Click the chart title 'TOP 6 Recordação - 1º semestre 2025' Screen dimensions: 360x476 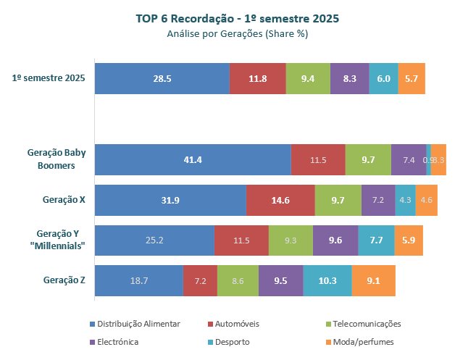(238, 18)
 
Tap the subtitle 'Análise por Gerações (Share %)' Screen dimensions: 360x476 (238, 33)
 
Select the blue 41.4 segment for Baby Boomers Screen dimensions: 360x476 (193, 159)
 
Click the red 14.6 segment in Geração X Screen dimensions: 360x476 (280, 200)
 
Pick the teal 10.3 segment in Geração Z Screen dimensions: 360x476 (327, 280)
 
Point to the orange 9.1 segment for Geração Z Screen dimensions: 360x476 (373, 280)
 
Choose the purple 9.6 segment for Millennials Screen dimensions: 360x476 (335, 240)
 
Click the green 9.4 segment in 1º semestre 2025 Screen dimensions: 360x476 (308, 78)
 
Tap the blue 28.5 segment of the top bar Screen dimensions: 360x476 (162, 78)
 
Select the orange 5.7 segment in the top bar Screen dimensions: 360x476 (412, 78)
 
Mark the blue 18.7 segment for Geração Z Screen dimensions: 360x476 (139, 280)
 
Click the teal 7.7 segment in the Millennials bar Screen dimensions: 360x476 (376, 240)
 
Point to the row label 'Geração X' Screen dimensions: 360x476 (64, 200)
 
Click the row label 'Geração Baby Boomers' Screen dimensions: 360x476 (57, 159)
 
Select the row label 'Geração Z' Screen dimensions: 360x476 (64, 280)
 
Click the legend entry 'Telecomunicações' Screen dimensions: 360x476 (364, 324)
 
